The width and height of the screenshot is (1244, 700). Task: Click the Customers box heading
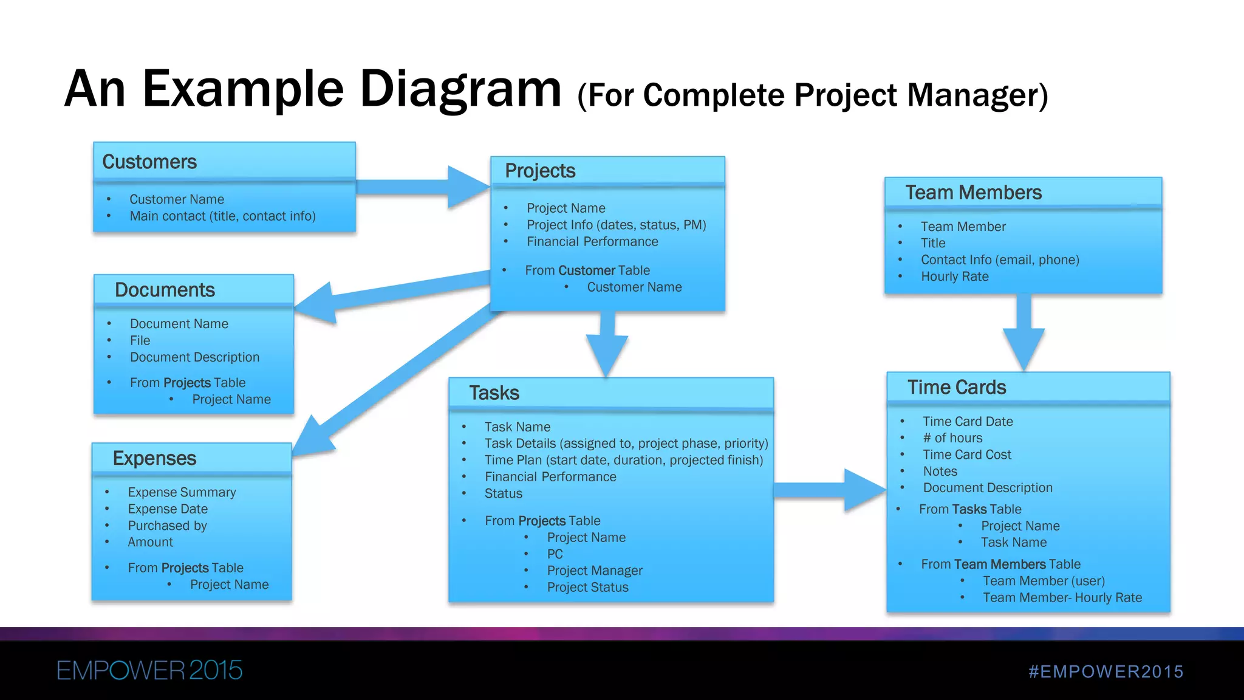tap(149, 162)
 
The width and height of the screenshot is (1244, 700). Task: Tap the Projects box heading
tap(540, 171)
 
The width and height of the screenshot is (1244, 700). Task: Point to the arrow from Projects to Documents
tap(389, 293)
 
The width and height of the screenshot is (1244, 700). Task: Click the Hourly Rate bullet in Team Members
tap(954, 277)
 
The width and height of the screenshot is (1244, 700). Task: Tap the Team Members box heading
tap(973, 193)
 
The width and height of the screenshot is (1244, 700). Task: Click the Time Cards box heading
tap(957, 388)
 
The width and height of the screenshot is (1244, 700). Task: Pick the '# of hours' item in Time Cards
tap(952, 438)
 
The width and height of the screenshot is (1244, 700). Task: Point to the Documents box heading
tap(165, 290)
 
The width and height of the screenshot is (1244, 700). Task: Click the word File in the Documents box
tap(140, 341)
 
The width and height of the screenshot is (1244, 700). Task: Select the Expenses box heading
tap(154, 459)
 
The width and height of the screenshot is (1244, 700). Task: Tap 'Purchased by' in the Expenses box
tap(167, 526)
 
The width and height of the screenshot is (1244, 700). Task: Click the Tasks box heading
tap(494, 393)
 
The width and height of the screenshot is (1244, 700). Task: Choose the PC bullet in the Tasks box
tap(555, 554)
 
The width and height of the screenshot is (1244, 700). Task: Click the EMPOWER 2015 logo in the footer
tap(149, 671)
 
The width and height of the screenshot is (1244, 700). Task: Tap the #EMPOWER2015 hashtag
tap(1106, 671)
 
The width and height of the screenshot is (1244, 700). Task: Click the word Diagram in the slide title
tap(460, 90)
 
